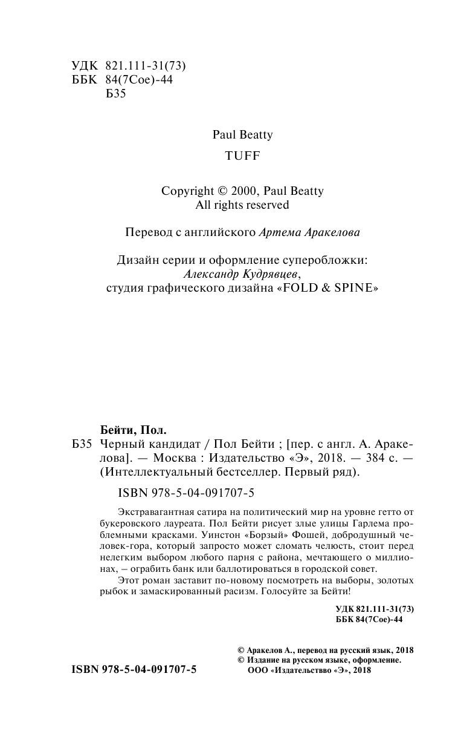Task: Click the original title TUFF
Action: (x=242, y=156)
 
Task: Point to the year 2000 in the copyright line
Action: (x=243, y=191)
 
